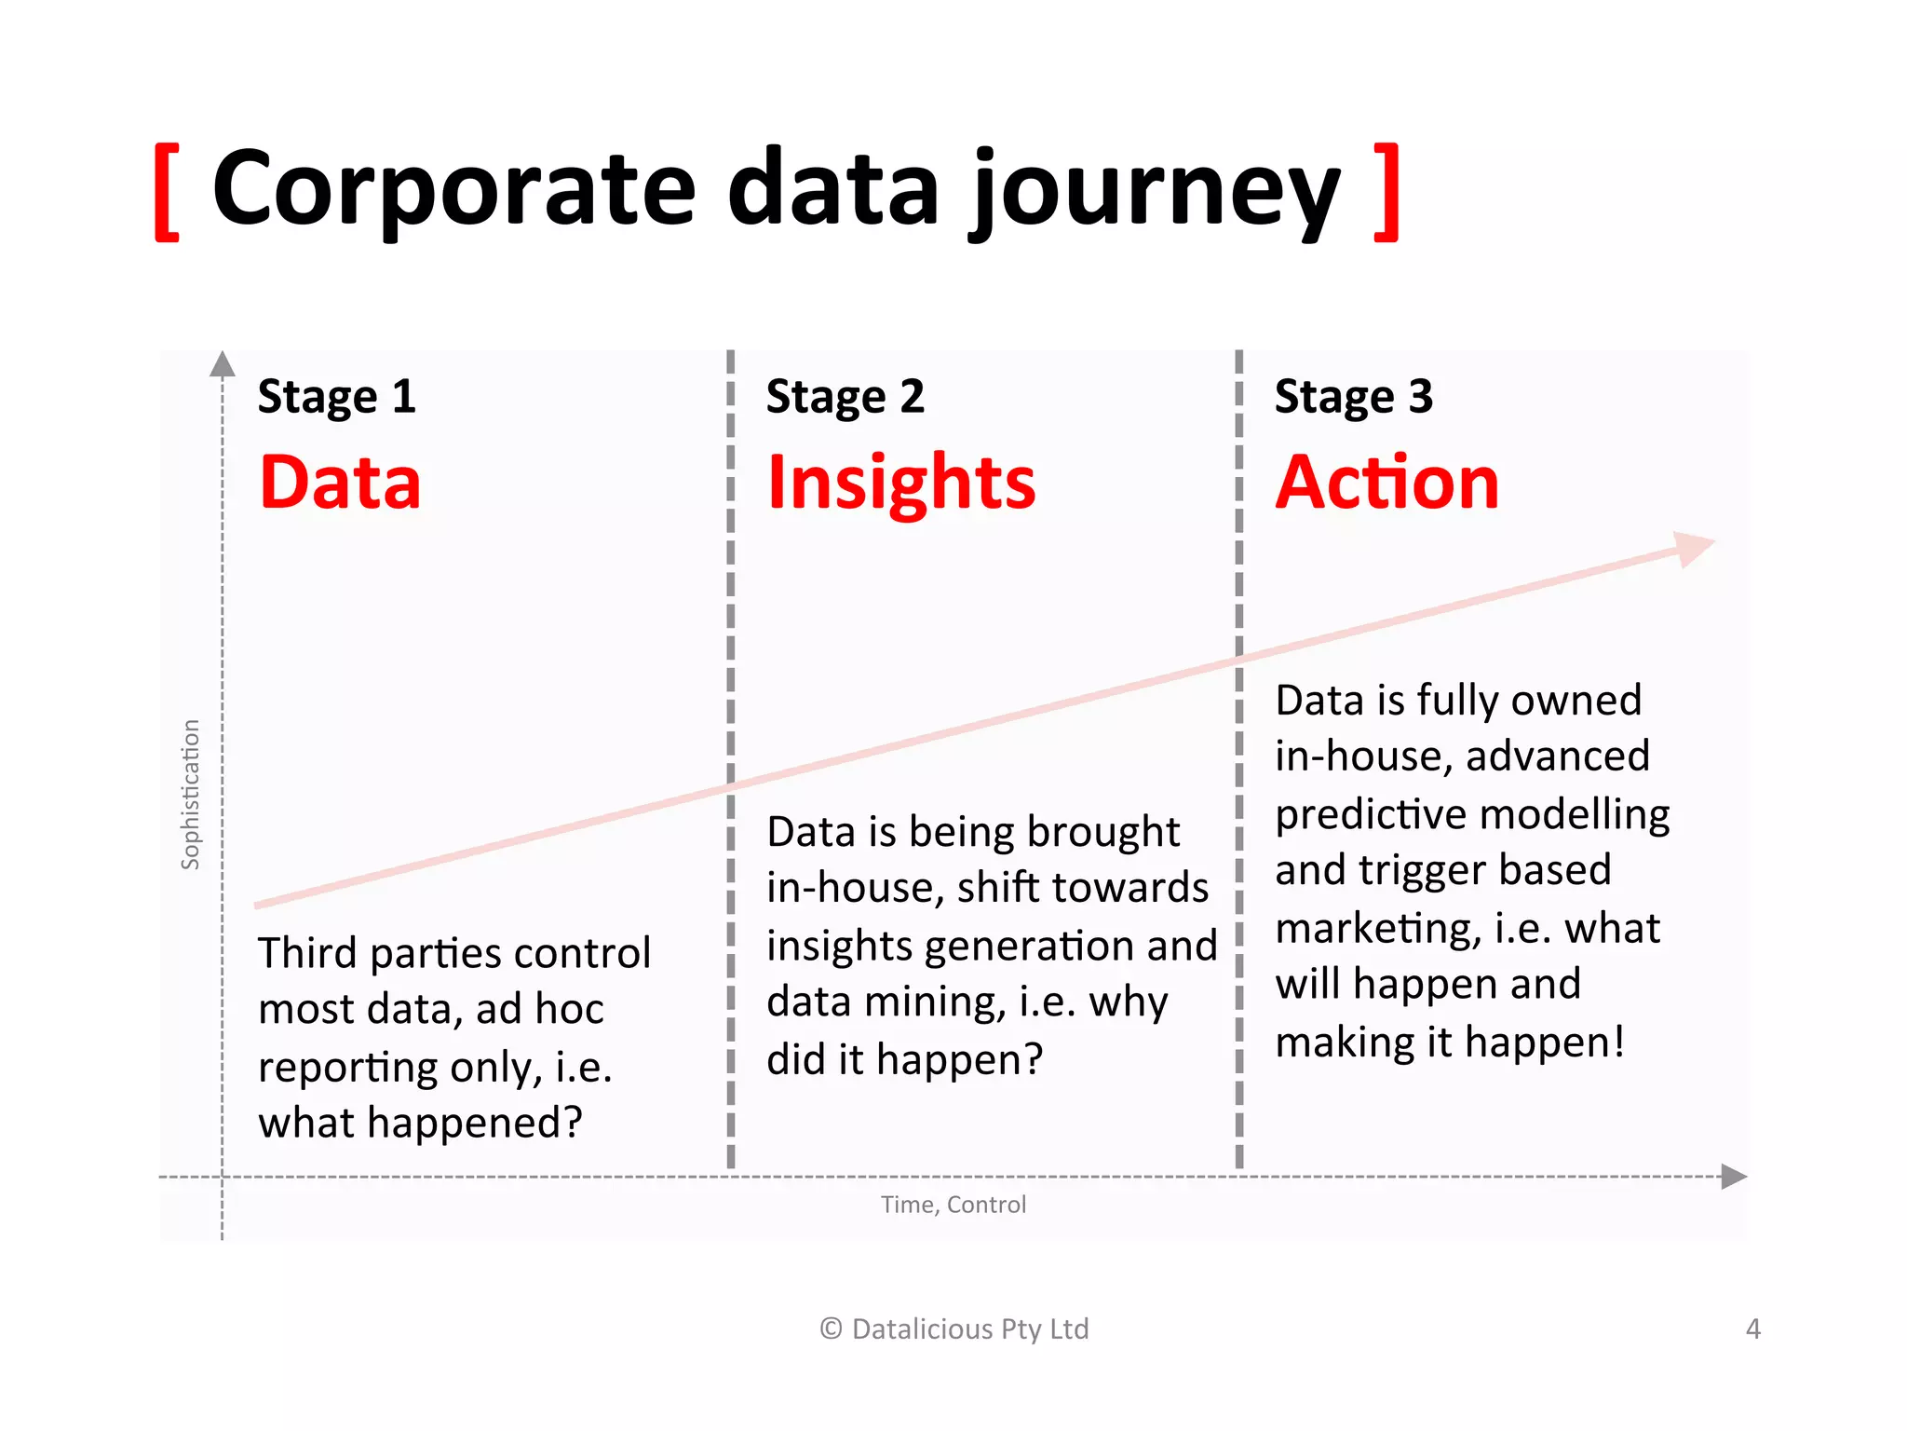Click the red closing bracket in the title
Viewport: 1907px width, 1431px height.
(1386, 192)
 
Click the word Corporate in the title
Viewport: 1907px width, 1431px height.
(453, 189)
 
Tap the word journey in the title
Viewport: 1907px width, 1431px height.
(1155, 193)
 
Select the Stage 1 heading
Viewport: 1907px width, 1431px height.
(336, 396)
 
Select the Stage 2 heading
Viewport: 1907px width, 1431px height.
(845, 396)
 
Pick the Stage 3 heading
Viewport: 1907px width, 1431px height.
(1353, 396)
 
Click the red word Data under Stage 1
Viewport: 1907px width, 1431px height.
(340, 482)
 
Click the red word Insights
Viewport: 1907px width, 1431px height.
(900, 484)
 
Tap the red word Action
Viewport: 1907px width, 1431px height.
(1386, 482)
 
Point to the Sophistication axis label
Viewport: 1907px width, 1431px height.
(190, 794)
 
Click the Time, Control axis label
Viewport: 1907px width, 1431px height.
(953, 1205)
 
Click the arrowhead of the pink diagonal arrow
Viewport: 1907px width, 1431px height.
(1695, 548)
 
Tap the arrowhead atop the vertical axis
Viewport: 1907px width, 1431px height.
(223, 364)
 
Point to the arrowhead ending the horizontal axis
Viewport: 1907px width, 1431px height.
(1733, 1177)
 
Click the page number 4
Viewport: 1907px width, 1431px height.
(1752, 1329)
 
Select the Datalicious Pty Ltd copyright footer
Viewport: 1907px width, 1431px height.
(953, 1329)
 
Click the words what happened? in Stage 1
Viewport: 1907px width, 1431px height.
(420, 1123)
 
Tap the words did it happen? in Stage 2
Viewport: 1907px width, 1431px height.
(904, 1059)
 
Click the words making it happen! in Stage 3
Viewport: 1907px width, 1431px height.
(1450, 1042)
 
